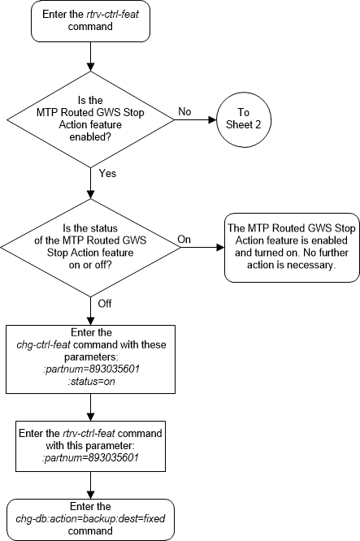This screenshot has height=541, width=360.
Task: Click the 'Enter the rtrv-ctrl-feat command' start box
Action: coord(89,24)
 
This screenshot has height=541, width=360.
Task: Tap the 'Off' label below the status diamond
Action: coord(105,302)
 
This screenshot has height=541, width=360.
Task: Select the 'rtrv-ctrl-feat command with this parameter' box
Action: coord(89,440)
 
